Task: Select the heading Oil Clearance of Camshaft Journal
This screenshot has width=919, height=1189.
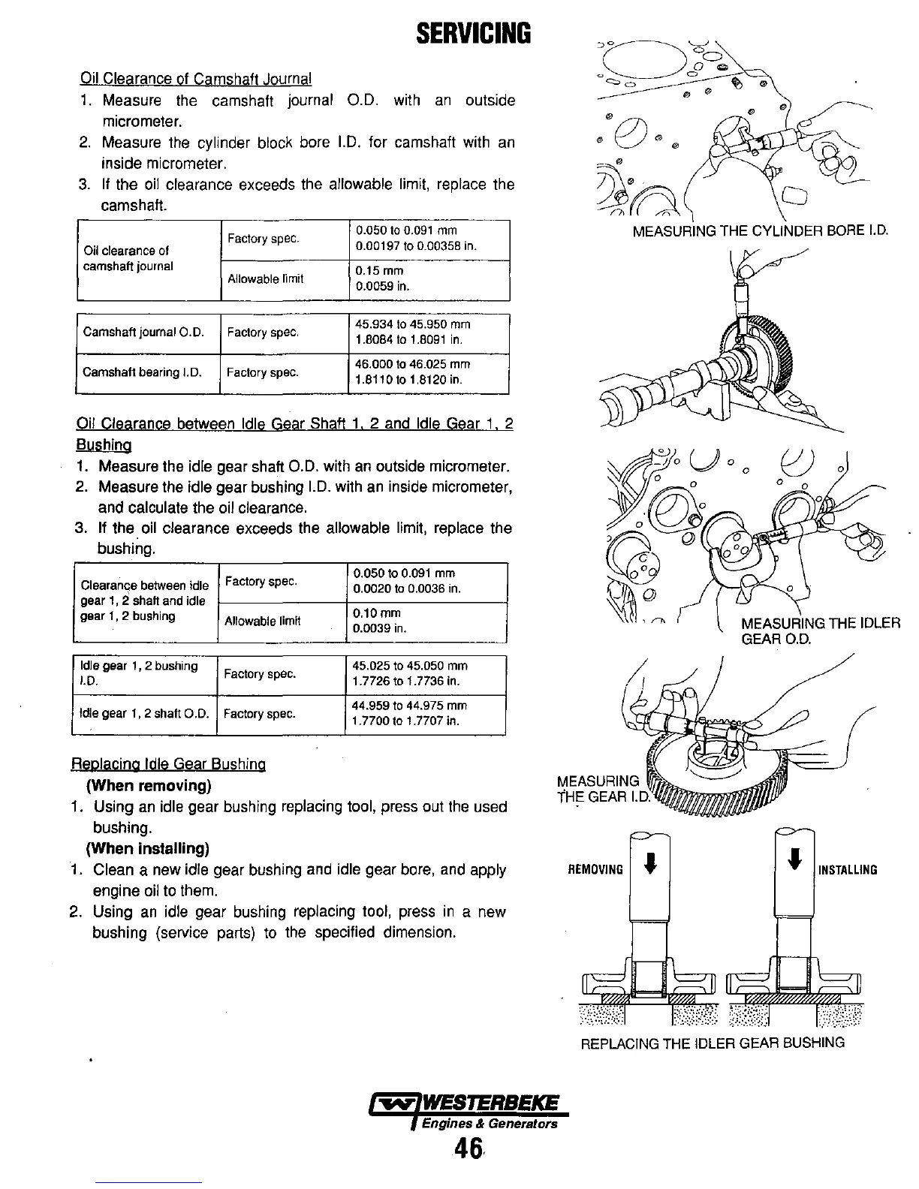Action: (195, 79)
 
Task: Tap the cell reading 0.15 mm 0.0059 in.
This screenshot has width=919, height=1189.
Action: (429, 278)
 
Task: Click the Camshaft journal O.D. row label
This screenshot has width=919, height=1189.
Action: (143, 333)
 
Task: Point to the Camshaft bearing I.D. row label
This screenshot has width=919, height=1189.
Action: (142, 372)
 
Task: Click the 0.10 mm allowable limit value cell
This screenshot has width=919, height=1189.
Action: (425, 621)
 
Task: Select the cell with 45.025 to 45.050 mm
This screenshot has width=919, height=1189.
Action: (425, 673)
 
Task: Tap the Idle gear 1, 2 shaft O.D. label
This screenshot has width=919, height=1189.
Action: (144, 713)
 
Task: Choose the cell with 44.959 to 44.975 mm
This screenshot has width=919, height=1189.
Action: (425, 714)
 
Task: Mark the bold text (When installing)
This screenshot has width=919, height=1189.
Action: (148, 849)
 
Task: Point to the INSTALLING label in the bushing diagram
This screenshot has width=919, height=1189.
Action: (848, 871)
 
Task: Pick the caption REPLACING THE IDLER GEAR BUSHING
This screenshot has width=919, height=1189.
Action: (713, 1043)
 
